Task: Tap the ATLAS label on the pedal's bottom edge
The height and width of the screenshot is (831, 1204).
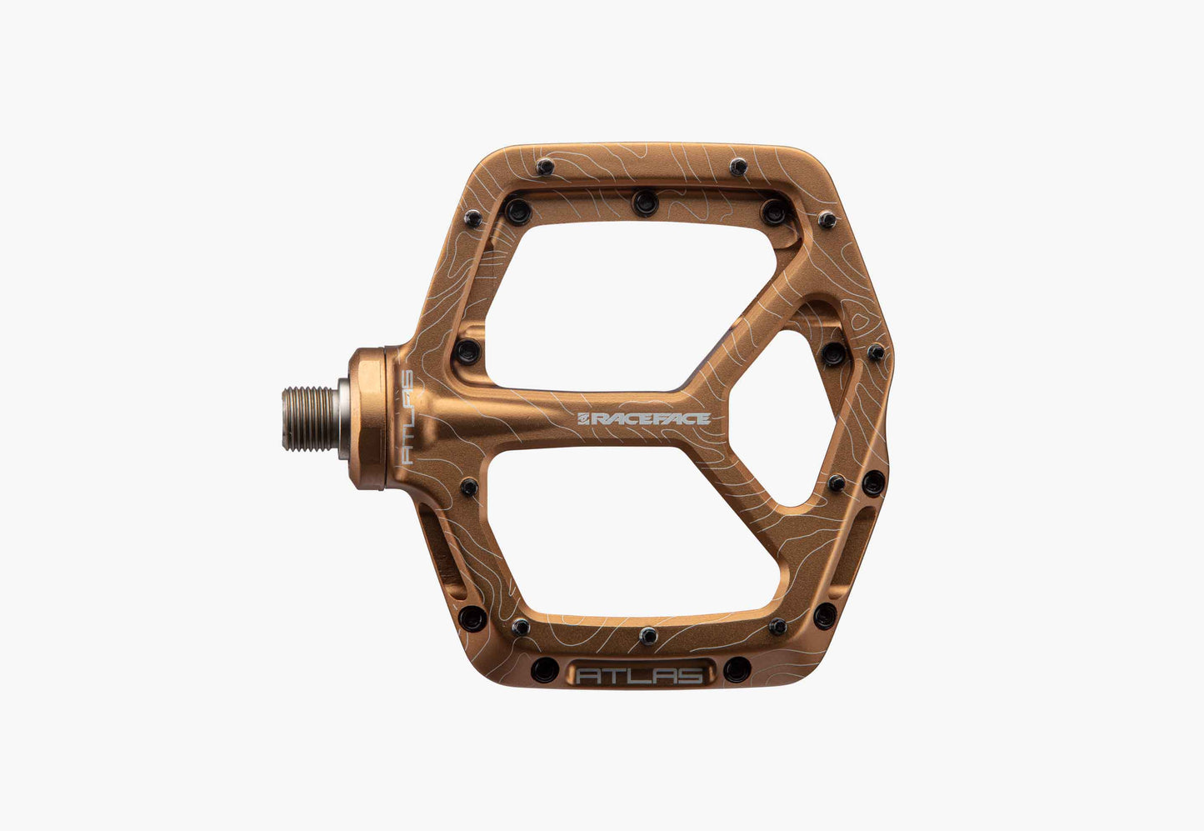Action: pos(639,676)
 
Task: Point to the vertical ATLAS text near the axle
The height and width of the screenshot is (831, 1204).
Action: pos(407,417)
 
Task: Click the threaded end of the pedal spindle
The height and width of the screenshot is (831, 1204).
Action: pos(310,418)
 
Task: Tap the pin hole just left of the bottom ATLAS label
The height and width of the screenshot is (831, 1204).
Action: pos(545,670)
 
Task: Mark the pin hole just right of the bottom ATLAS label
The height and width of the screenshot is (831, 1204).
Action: pos(737,669)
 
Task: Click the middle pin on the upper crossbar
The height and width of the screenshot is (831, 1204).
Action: pos(645,203)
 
